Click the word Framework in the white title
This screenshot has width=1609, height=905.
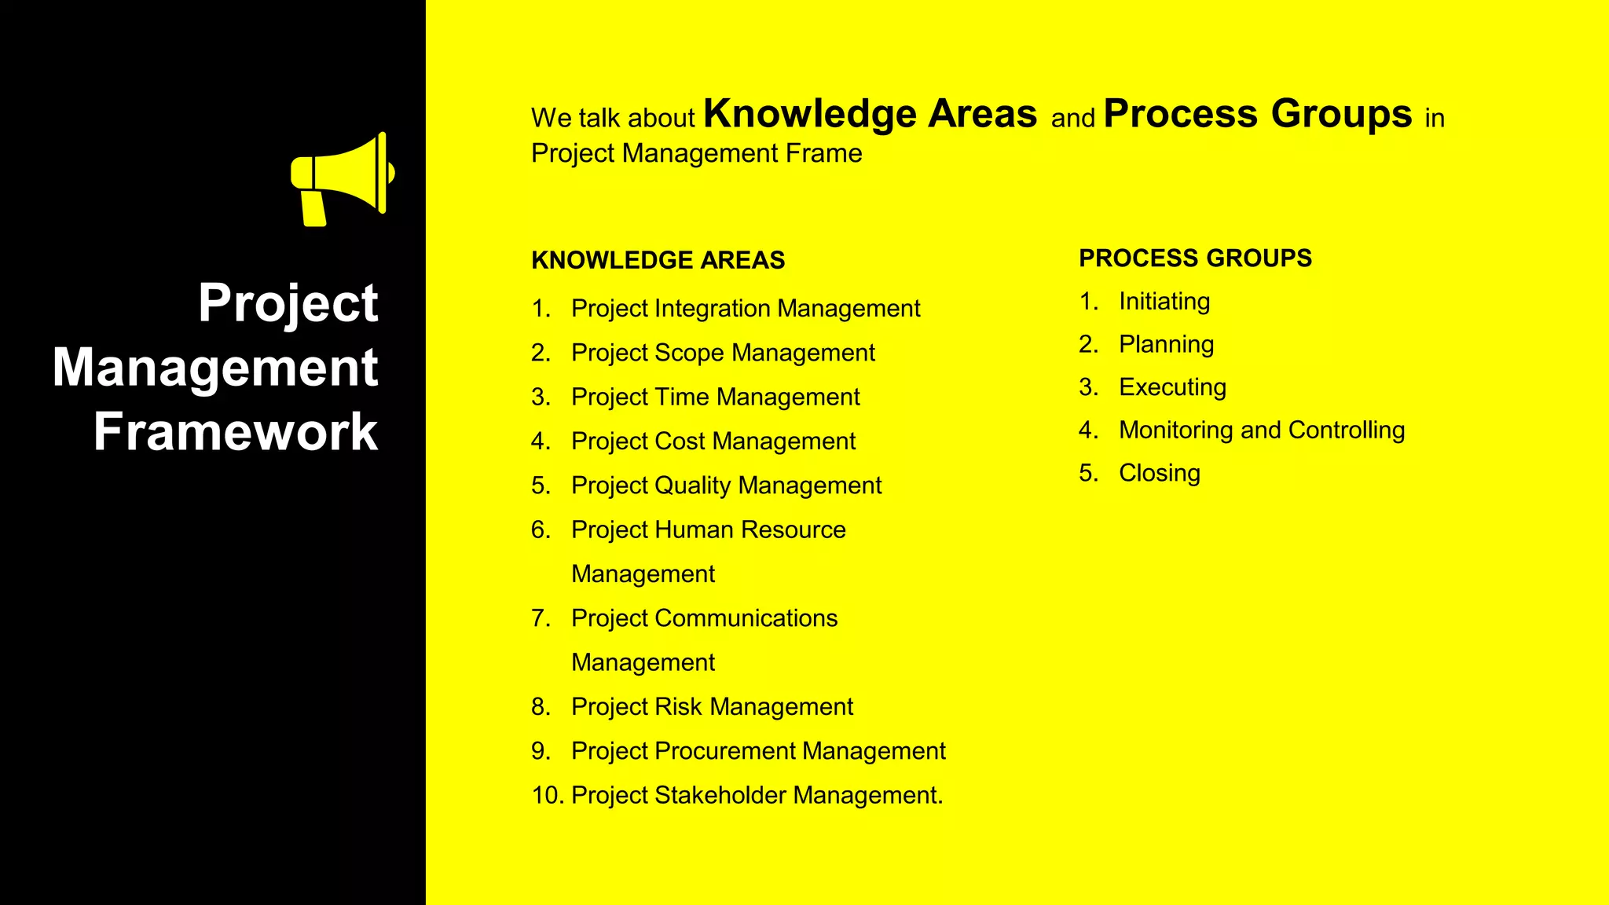[x=236, y=432]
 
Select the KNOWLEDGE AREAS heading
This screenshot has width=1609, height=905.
[x=658, y=260]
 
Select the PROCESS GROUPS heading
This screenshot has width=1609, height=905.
[x=1195, y=258]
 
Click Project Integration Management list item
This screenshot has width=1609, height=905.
[x=745, y=309]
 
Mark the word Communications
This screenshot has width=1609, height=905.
[x=746, y=618]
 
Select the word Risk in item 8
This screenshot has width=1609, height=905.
[x=678, y=707]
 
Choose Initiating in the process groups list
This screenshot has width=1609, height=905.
[x=1164, y=302]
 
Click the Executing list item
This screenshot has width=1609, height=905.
[x=1172, y=387]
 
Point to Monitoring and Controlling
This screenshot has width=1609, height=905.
[x=1262, y=431]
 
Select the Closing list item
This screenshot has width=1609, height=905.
[x=1160, y=473]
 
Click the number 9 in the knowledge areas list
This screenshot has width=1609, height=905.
[x=540, y=751]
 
